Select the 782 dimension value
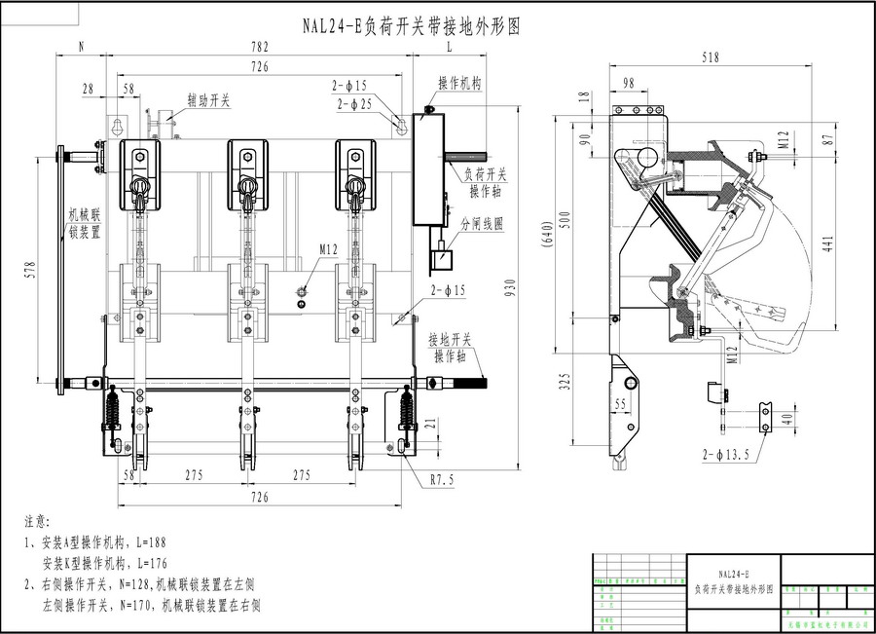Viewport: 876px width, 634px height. [259, 47]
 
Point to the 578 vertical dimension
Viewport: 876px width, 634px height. [30, 270]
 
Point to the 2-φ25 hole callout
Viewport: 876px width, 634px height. [355, 102]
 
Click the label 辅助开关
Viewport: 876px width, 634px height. [208, 99]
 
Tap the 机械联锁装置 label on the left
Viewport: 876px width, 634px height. [83, 223]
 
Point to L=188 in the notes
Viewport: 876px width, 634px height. [154, 542]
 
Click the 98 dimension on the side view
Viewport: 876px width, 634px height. [627, 83]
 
